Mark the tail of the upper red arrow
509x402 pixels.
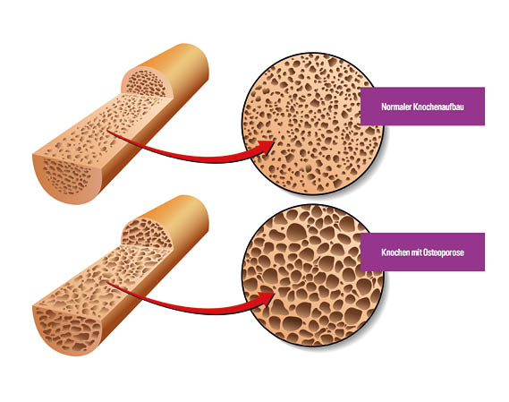[x=108, y=131]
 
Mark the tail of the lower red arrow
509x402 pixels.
[x=108, y=283]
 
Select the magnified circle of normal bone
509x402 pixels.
[x=312, y=124]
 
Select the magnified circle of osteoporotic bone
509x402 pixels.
[x=312, y=276]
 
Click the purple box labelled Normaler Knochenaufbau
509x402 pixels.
[x=422, y=107]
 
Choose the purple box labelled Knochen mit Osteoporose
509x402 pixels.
[x=422, y=252]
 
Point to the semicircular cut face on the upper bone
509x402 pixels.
[x=146, y=83]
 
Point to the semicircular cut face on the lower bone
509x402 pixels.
[x=146, y=234]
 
